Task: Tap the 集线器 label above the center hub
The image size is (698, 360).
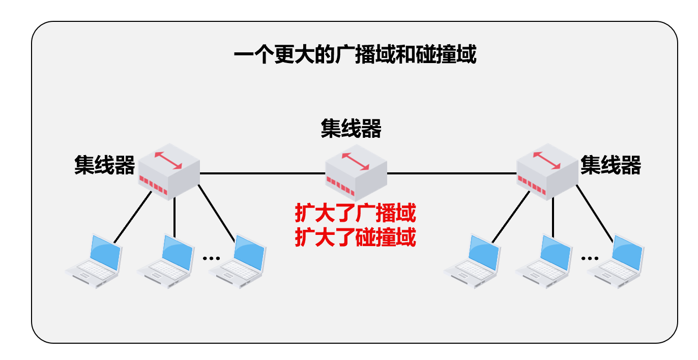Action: click(351, 129)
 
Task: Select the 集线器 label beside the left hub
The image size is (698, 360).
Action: click(105, 165)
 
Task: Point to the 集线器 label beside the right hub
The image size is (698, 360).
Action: click(610, 165)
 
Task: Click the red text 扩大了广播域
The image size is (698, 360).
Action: click(356, 214)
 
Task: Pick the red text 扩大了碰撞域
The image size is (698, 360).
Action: click(356, 237)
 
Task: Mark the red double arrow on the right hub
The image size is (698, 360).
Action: click(547, 160)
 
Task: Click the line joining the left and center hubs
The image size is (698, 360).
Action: click(262, 173)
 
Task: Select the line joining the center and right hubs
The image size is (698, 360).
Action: click(452, 173)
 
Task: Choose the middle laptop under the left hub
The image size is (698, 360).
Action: click(167, 262)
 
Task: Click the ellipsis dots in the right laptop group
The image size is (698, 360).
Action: click(590, 258)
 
